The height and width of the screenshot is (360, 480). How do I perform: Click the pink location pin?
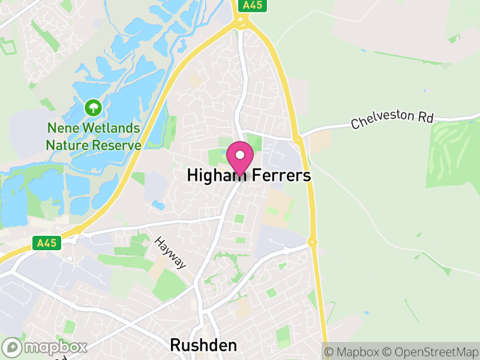point(240,158)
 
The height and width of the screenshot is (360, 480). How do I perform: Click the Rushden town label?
point(203,345)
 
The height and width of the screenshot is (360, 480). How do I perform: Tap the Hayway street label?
point(170,252)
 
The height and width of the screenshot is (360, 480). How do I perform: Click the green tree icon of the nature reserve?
point(93,109)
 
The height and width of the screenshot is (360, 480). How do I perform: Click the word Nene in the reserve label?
point(61,128)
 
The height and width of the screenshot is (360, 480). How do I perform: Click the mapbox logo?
point(46,347)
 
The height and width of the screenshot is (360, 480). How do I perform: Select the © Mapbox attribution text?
point(352,352)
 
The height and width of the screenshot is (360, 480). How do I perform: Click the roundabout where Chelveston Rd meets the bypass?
point(298,140)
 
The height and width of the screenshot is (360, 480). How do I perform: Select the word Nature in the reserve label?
point(67,145)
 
